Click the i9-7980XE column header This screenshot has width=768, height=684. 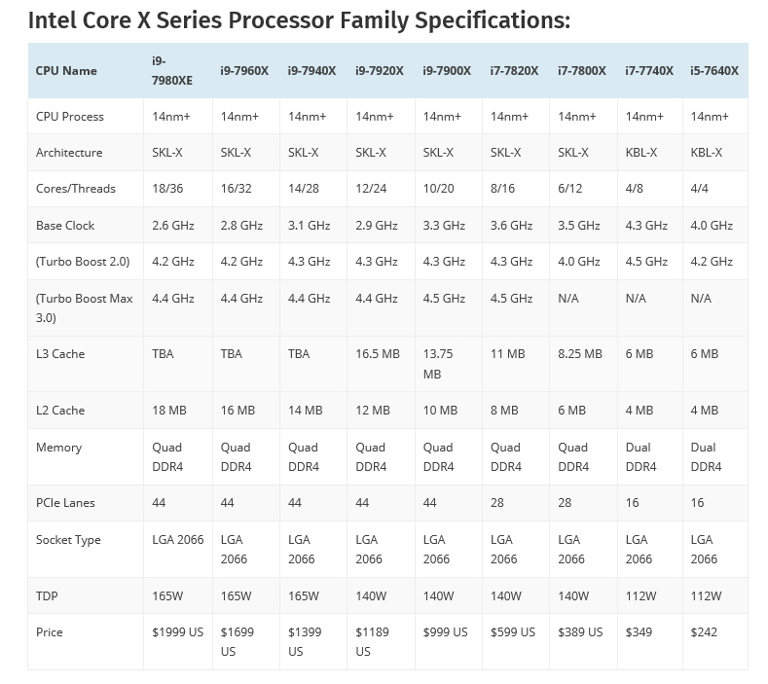tap(172, 70)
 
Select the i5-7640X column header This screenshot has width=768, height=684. tap(713, 70)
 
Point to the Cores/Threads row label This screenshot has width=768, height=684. tap(75, 189)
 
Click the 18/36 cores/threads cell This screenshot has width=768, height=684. tap(168, 189)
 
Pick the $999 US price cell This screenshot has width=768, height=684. tap(445, 632)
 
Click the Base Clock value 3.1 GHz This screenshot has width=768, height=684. tap(310, 226)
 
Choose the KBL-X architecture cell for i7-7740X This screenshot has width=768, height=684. tap(640, 153)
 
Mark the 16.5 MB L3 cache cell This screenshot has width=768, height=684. tap(377, 354)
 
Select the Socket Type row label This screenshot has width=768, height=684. tap(68, 540)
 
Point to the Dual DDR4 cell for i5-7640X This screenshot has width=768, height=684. tap(705, 457)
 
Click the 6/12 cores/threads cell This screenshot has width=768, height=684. tap(571, 189)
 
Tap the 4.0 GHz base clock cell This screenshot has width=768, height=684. tap(711, 226)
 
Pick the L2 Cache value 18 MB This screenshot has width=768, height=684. tap(168, 411)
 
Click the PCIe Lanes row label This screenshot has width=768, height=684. tap(65, 503)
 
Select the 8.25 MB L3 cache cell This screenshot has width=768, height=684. tap(579, 354)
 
